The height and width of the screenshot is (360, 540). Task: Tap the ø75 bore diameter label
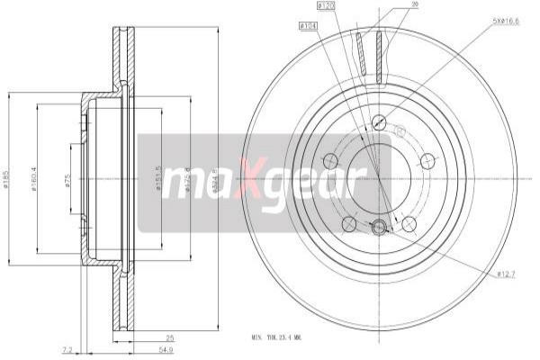click(x=67, y=179)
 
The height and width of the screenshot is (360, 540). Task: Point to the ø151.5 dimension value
click(x=158, y=177)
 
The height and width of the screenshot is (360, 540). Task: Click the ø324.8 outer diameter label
click(x=215, y=177)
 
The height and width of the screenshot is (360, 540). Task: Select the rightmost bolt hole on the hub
click(x=427, y=161)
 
